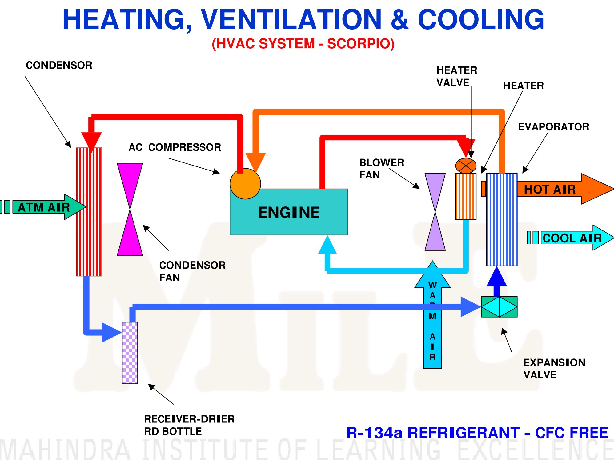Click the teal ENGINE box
pos(289,212)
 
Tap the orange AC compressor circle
pos(245,184)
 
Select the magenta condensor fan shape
pos(130,209)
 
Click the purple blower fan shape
pos(435,212)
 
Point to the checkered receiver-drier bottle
pos(130,353)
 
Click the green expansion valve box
pos(499,307)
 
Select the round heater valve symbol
pos(466,166)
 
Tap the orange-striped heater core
pos(466,196)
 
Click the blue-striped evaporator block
pos(502,219)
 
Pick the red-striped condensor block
pos(89,212)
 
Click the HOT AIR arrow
pos(548,189)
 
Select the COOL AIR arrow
pos(571,238)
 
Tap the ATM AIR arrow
pos(43,207)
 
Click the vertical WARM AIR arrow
pos(432,314)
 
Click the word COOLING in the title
pos(481,19)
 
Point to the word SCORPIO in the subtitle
pos(361,43)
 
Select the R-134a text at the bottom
pos(375,433)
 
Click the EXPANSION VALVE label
pos(554,369)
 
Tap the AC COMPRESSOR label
pos(175,147)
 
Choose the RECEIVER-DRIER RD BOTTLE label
pos(189,425)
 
